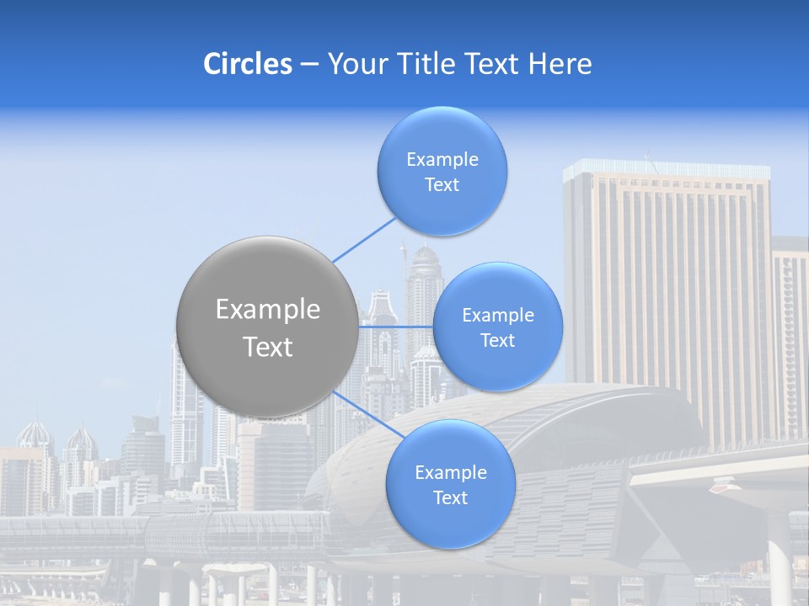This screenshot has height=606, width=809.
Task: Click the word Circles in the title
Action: point(247,64)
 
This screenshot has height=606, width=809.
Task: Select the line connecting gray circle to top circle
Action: point(364,240)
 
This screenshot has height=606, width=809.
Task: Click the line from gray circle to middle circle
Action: point(396,327)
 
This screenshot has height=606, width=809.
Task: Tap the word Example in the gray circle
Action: point(268,310)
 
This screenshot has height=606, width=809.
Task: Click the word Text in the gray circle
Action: point(268,347)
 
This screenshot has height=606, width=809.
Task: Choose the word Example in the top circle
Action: point(442,160)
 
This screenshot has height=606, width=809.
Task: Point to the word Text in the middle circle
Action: point(497,341)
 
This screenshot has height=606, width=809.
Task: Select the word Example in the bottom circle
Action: point(451,473)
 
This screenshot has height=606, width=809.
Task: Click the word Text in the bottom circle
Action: point(450,498)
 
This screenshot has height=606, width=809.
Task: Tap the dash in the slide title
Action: point(309,64)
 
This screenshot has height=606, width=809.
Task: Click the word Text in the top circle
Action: point(442,185)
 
